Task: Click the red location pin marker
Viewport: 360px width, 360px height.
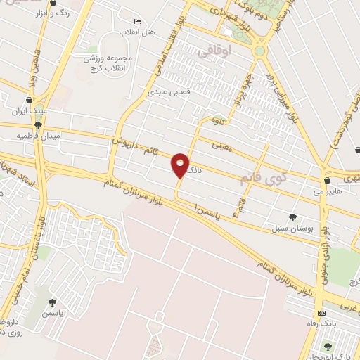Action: point(181,165)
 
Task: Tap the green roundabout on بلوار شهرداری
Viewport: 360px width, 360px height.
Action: point(260,51)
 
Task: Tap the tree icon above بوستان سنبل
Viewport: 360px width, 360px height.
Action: point(293,217)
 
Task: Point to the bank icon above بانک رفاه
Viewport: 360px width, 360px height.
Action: point(321,312)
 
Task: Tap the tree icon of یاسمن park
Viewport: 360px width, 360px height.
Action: point(51,302)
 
